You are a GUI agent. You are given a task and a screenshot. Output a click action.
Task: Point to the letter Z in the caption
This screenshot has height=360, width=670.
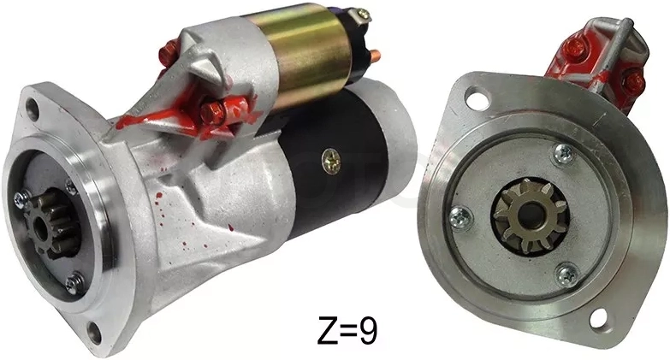327,330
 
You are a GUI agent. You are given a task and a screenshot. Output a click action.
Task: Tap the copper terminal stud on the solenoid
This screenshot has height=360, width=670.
374,55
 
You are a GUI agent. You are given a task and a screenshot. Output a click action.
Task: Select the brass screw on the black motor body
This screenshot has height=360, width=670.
332,161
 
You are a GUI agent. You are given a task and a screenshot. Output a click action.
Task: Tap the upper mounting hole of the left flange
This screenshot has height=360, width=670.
33,109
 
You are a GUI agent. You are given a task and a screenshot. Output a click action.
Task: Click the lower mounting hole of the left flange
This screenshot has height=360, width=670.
94,332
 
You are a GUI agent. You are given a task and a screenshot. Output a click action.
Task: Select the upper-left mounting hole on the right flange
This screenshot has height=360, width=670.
475,97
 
